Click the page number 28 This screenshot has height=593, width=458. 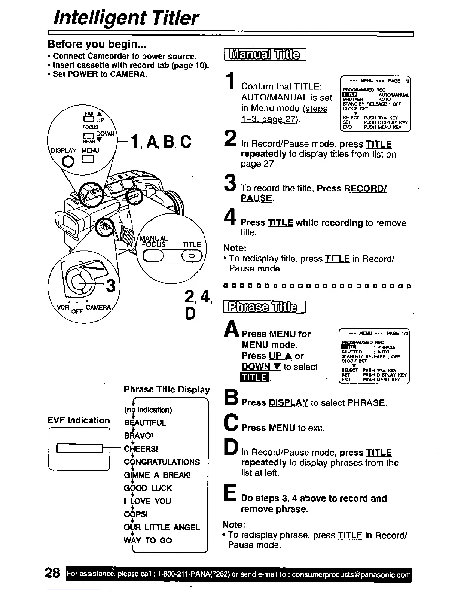tap(52, 573)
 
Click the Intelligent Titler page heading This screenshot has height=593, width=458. tap(126, 18)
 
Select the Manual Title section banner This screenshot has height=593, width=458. tap(265, 55)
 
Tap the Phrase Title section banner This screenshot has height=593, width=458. tap(264, 308)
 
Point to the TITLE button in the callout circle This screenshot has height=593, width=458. tap(192, 256)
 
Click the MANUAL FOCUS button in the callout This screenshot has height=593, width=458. tap(153, 256)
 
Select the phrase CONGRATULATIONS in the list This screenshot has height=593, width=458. tap(162, 462)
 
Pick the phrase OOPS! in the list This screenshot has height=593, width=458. tap(136, 514)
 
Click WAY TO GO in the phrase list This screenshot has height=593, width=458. tap(148, 540)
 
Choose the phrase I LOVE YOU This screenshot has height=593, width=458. tap(147, 501)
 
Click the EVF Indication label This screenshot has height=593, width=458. tap(79, 420)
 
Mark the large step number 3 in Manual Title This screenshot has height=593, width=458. tap(230, 183)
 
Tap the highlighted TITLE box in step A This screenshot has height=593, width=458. tap(254, 377)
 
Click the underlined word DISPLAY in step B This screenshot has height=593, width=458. tap(288, 403)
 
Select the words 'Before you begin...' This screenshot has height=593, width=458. tap(97, 44)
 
